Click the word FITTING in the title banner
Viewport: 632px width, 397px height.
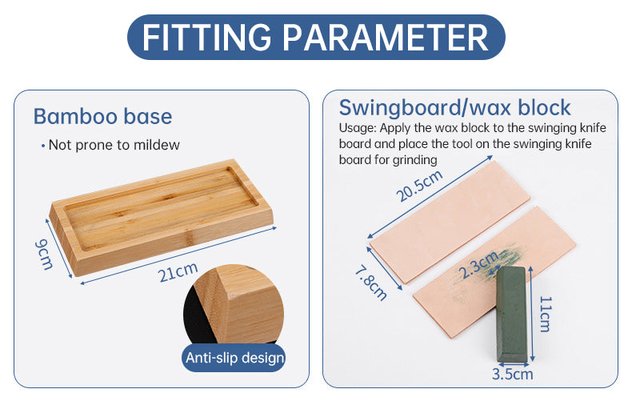click(206, 38)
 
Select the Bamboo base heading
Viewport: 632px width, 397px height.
click(102, 116)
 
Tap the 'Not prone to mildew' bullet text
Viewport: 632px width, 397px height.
click(114, 145)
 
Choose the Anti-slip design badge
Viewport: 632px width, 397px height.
click(234, 357)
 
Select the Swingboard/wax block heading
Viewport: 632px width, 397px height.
click(454, 107)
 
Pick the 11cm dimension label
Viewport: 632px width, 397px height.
click(544, 314)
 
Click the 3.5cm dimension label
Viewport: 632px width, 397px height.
click(512, 373)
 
